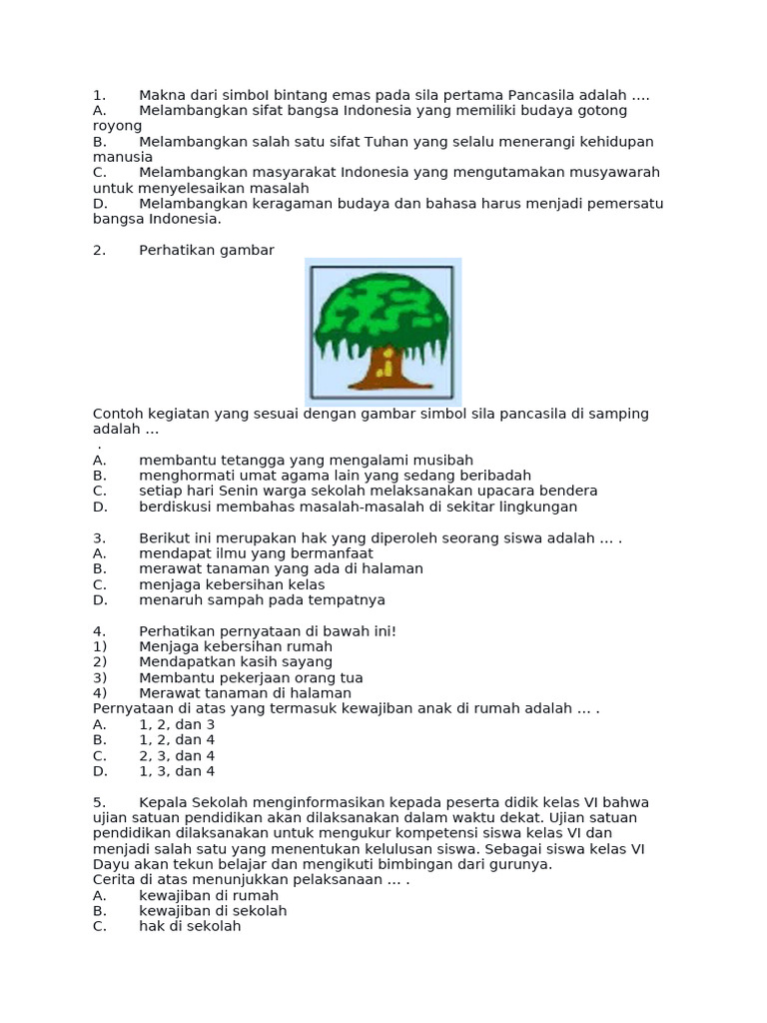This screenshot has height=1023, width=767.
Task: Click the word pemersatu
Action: tap(619, 204)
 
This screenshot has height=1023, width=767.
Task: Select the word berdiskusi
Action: tap(176, 507)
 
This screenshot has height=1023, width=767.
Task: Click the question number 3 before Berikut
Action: tap(98, 538)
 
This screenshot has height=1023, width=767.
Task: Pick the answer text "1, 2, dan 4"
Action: tap(177, 740)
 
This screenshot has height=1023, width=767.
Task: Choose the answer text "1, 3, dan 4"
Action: tap(177, 771)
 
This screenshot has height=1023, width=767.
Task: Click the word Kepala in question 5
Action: tap(163, 802)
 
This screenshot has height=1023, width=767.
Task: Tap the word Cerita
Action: tap(115, 880)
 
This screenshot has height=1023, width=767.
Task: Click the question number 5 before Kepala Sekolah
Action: tap(98, 802)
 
